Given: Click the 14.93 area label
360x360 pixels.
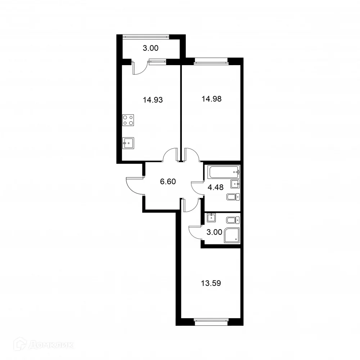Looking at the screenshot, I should pyautogui.click(x=153, y=100).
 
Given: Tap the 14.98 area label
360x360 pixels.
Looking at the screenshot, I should pyautogui.click(x=211, y=99).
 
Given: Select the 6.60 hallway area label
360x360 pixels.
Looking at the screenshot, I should pyautogui.click(x=167, y=181).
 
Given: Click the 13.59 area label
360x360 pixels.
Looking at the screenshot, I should pyautogui.click(x=211, y=283).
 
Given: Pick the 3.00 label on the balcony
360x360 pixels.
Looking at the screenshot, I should pyautogui.click(x=150, y=48).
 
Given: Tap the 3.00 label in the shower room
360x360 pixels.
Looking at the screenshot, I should pyautogui.click(x=214, y=232).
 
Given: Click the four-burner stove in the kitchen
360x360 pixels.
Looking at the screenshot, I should pyautogui.click(x=128, y=120).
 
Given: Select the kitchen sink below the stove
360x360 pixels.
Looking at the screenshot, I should pyautogui.click(x=128, y=143).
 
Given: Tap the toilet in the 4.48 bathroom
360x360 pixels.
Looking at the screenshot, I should pyautogui.click(x=232, y=197).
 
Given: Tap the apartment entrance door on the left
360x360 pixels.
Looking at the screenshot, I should pyautogui.click(x=134, y=186).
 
